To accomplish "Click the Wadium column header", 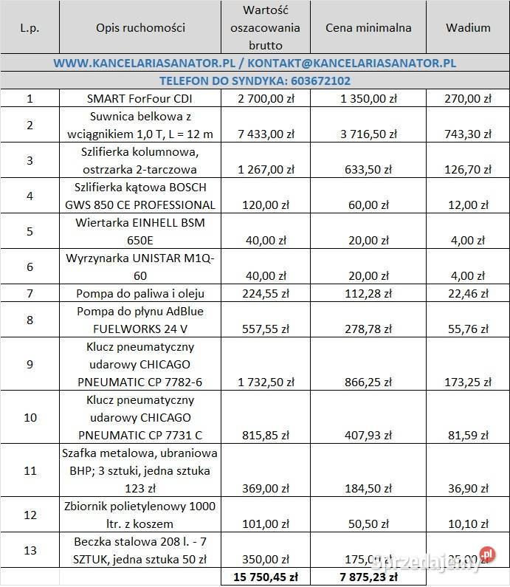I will coord(468,28).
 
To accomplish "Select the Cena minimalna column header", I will coord(368,28).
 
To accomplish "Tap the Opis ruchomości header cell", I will coord(140,28).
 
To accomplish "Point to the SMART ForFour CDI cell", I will coord(140,98).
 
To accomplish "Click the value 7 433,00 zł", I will coord(266,134).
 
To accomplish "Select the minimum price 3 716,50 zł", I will coord(368,134).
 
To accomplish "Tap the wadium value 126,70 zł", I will coord(468,169).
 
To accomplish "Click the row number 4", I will coord(30,196).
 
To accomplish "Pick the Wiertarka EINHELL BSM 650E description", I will coord(140,231).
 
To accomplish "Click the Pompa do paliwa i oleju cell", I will coord(140,293).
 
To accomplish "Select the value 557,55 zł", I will coord(266,329).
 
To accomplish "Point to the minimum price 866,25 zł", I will coord(368,382).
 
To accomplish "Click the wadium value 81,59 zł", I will coord(468,435).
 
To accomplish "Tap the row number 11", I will coord(30,470).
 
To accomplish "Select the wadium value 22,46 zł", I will coord(468,293).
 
